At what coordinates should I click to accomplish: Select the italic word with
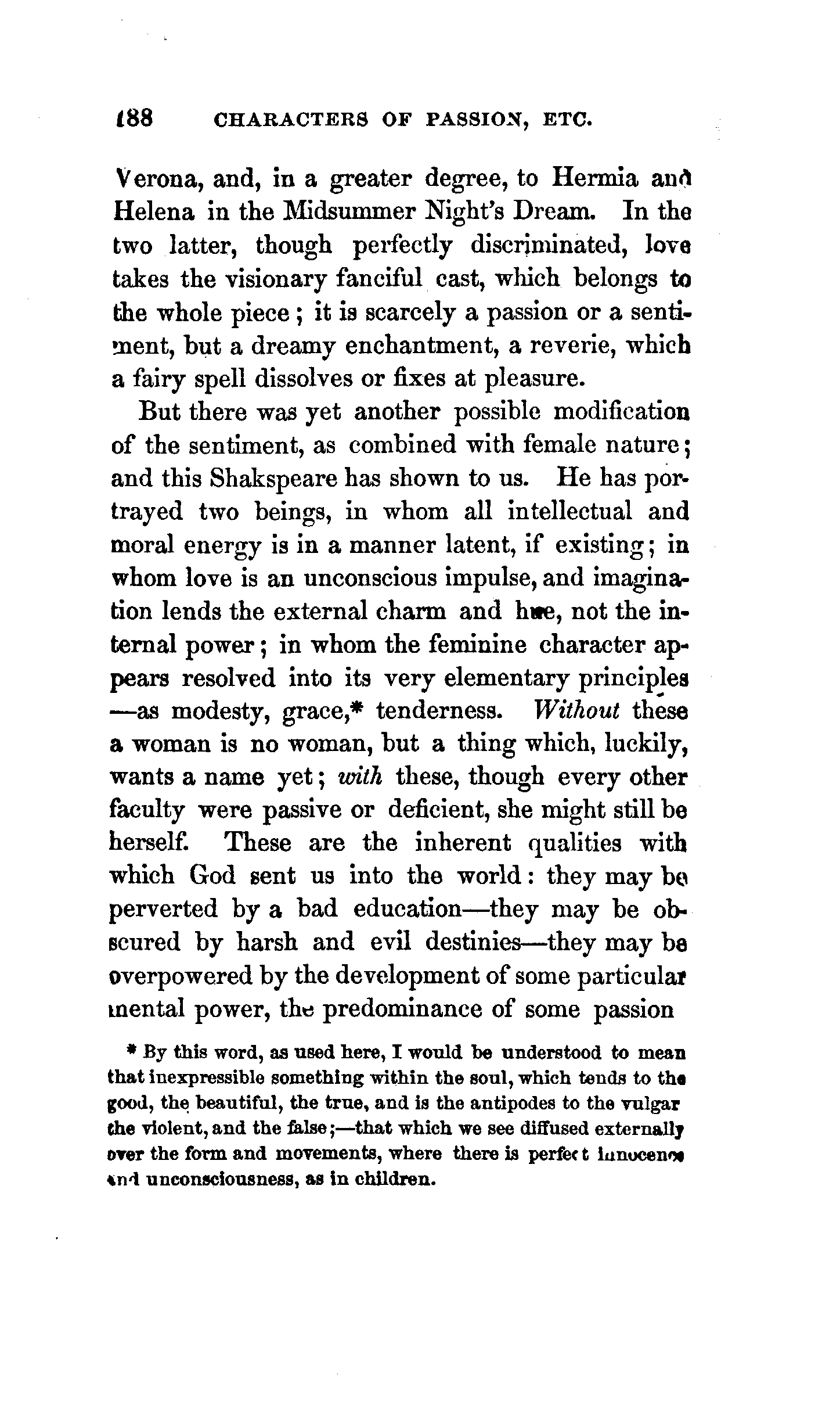tap(359, 777)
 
